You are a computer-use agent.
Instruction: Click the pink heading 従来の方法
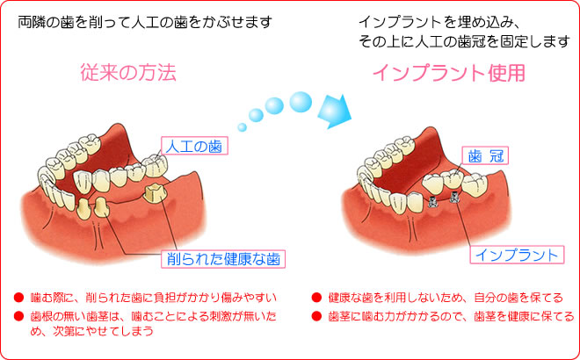point(128,72)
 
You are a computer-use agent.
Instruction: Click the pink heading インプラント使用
point(449,73)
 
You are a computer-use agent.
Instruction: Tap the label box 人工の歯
point(194,146)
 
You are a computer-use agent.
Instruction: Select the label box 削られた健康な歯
point(223,259)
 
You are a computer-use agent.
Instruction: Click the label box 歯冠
point(485,155)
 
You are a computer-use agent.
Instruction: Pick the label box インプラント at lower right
point(517,255)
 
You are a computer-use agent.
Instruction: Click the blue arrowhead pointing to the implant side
point(335,112)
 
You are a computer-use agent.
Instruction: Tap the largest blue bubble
point(301,102)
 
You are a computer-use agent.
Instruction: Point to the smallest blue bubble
point(242,127)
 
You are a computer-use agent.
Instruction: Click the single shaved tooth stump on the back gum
point(156,193)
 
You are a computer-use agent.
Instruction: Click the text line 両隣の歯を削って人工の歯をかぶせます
point(145,22)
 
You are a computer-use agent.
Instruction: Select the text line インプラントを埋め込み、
point(439,22)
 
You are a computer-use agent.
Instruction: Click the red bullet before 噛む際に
point(18,297)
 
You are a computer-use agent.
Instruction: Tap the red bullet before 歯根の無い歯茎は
point(18,316)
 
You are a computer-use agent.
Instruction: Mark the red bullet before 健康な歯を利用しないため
point(316,297)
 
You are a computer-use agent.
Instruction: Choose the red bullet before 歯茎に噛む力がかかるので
point(316,316)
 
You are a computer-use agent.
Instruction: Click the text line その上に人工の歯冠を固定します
point(464,41)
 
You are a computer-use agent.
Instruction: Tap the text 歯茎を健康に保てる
point(524,316)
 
